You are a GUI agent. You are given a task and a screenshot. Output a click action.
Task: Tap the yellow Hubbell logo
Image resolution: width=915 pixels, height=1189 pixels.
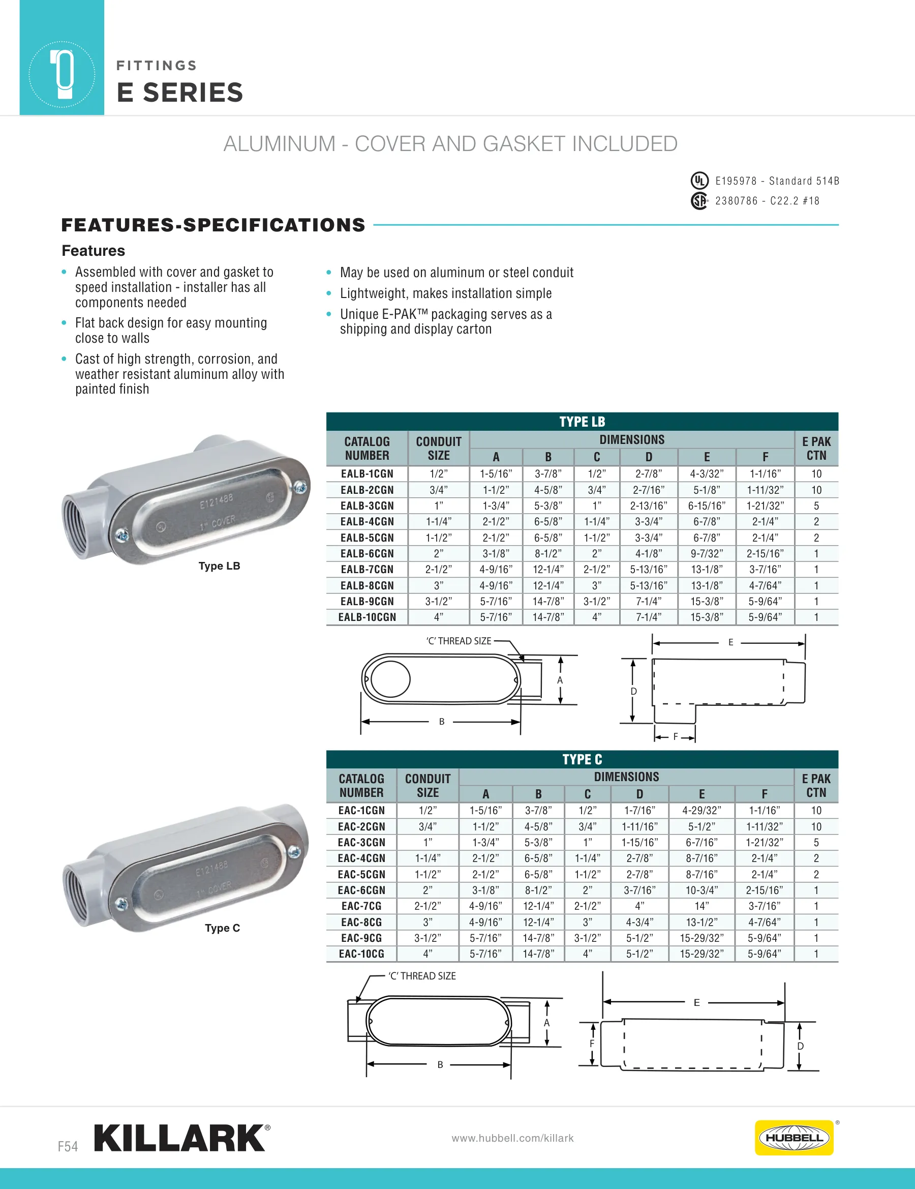[794, 1138]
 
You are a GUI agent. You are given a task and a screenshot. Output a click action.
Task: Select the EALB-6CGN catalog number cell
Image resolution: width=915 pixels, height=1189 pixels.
[367, 554]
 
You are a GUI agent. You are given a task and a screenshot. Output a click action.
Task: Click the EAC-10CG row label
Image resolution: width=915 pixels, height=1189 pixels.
[361, 954]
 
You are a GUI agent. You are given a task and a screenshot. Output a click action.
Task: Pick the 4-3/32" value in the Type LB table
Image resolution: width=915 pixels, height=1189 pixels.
[707, 473]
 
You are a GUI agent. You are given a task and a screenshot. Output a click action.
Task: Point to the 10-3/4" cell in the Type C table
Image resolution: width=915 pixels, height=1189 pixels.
[701, 890]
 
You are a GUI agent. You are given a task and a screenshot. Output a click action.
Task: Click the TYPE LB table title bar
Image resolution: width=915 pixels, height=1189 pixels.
[582, 422]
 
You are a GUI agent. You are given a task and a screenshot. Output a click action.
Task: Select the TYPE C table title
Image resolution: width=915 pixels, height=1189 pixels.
[582, 759]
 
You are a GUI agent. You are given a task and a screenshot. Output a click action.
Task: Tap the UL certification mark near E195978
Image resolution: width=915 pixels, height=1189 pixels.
[699, 180]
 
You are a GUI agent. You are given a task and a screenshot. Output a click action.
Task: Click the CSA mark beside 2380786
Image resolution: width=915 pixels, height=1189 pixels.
[699, 201]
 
